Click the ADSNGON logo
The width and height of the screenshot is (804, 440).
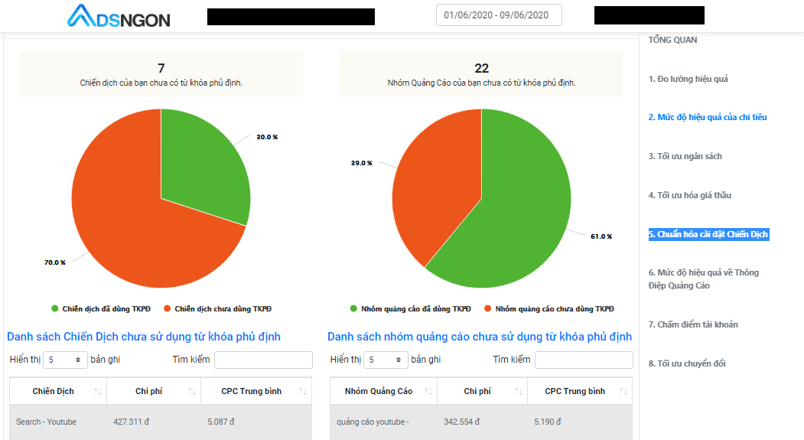point(119,16)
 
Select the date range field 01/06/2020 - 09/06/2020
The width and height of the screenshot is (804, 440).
point(499,15)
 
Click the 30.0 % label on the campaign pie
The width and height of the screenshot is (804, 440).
point(267,137)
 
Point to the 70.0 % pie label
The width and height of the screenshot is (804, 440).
point(55,262)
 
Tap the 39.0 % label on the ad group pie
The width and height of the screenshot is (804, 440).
point(362,163)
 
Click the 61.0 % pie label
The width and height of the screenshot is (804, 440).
point(601,236)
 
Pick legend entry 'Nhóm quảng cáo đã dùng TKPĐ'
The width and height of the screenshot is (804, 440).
point(411,308)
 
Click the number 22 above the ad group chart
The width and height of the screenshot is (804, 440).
point(481,68)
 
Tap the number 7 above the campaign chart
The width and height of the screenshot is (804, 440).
point(161,68)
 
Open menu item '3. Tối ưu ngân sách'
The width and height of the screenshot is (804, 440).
point(685,156)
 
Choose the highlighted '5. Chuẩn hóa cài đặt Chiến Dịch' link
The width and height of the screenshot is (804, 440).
point(708,234)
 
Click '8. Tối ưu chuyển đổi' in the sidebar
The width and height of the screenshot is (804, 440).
point(687,363)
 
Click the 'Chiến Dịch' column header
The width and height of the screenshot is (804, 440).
point(54,391)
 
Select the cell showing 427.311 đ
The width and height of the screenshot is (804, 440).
point(132,422)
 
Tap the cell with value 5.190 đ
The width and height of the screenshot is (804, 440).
point(548,422)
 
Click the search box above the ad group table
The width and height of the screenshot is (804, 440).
point(584,360)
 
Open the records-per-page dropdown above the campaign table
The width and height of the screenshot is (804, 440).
point(65,360)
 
